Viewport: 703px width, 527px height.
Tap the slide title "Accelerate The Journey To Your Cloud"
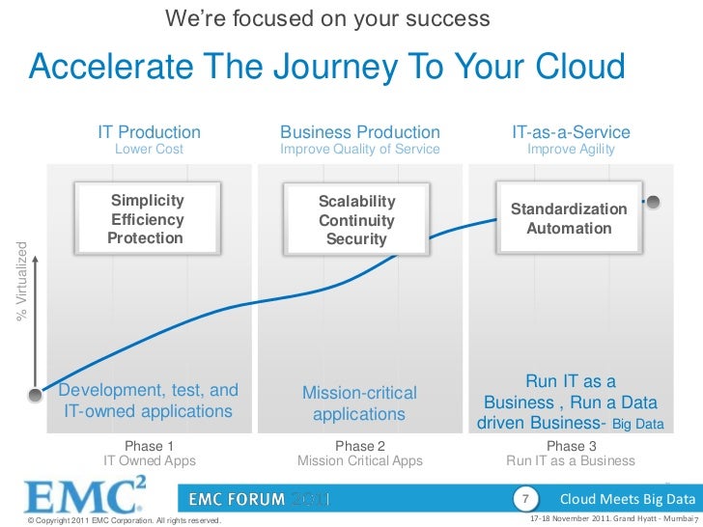tap(327, 68)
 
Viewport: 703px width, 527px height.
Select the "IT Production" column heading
tap(149, 132)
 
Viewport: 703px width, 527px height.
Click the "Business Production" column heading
tap(359, 132)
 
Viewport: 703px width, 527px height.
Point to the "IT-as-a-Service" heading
tap(571, 132)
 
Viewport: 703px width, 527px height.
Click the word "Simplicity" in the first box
tap(147, 200)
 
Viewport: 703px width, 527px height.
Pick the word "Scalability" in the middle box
tap(357, 201)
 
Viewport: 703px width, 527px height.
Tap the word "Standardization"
tap(569, 209)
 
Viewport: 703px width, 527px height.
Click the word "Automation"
tap(569, 229)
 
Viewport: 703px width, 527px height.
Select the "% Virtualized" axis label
tap(20, 281)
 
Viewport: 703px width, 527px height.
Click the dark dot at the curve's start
tap(35, 393)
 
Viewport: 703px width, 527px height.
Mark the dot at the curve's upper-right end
tap(654, 203)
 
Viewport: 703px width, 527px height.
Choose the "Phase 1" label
tap(150, 446)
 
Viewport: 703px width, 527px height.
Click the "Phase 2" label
tap(359, 446)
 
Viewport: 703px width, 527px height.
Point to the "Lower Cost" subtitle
tap(149, 150)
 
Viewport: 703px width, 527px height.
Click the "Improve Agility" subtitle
tap(571, 150)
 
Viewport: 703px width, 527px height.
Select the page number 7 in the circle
tap(524, 499)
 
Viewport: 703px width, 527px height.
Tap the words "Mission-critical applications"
tap(359, 404)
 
